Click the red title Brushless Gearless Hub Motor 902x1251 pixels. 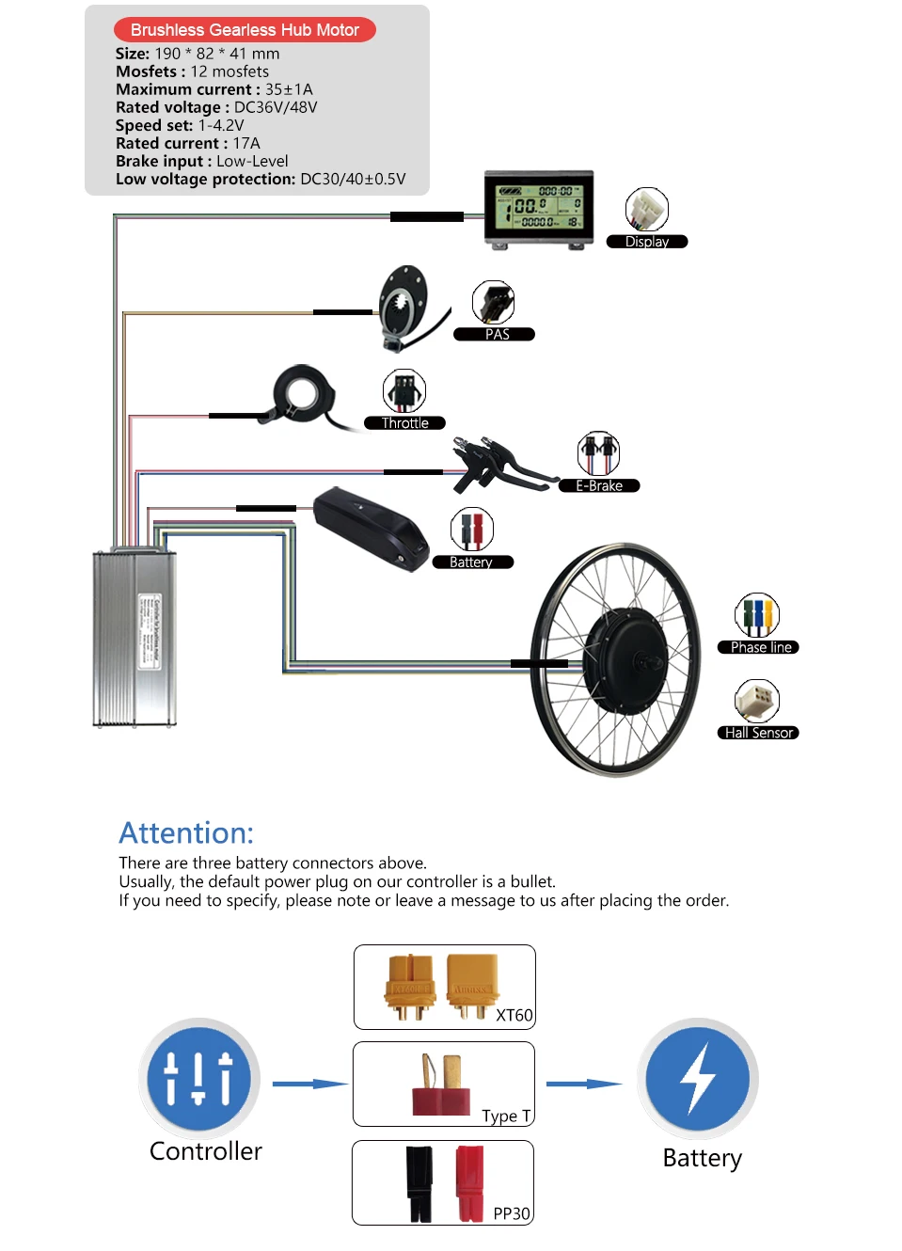coord(245,30)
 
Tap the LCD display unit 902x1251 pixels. coord(539,209)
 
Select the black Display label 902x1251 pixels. coord(647,242)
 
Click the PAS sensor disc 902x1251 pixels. coord(404,302)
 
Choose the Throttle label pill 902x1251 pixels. coord(404,423)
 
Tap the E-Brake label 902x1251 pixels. coord(599,485)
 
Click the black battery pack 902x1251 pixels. coord(371,528)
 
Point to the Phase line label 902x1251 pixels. coord(760,647)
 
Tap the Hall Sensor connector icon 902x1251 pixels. coord(757,702)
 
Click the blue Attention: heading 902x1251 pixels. coord(186,832)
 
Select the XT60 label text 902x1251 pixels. coord(514,1015)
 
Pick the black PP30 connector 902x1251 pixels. coord(419,1182)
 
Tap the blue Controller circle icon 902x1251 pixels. coord(198,1079)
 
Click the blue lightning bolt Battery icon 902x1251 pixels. coord(698,1079)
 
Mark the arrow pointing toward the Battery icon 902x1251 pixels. coord(584,1084)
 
